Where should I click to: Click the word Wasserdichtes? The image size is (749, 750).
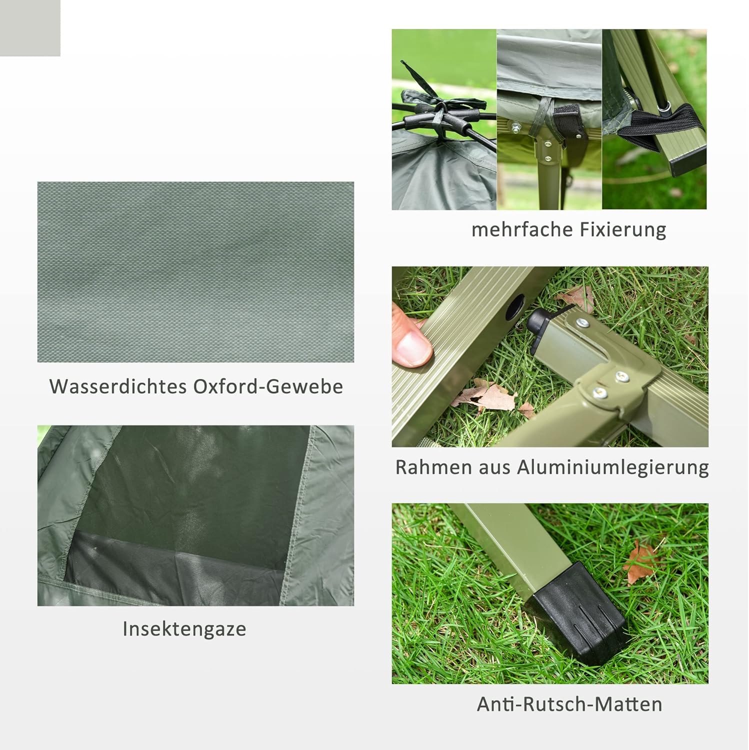point(117,386)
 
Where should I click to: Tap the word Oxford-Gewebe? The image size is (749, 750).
point(268,386)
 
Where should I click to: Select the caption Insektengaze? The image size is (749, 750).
point(184,628)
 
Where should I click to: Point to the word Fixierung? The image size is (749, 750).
point(622,229)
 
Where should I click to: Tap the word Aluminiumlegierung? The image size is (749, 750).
point(612,467)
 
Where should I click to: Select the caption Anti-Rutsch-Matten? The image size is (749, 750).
point(569,704)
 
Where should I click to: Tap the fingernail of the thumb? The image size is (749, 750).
point(415,347)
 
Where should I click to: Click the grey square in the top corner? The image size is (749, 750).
point(30,27)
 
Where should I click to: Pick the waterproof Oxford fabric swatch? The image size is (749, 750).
point(195,271)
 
